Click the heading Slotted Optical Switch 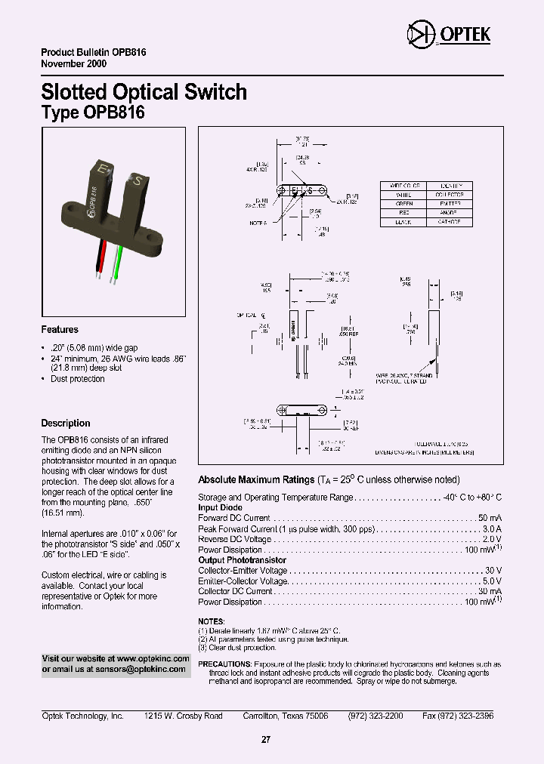click(x=144, y=92)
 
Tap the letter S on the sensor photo click(x=137, y=180)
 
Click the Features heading click(x=60, y=330)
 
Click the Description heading click(x=66, y=424)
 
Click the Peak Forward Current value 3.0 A click(x=491, y=529)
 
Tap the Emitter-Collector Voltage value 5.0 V click(x=492, y=581)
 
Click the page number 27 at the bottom click(x=265, y=740)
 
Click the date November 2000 click(x=73, y=64)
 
